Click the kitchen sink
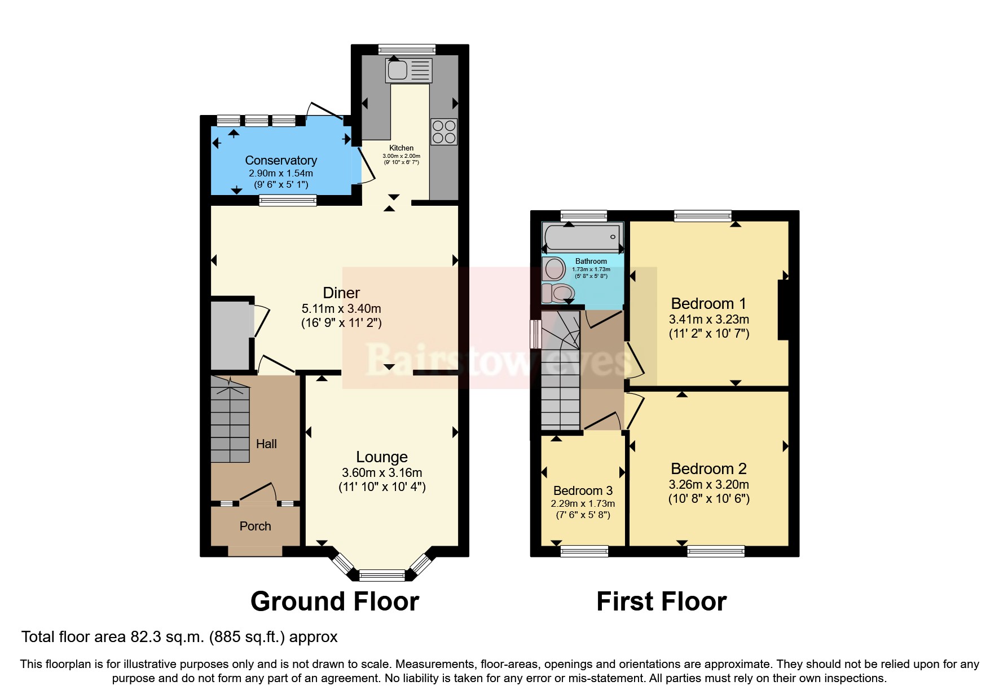pos(409,70)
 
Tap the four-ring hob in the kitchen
pos(443,132)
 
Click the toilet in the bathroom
pos(558,293)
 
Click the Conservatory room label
pos(281,161)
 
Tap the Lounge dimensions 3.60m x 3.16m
pos(382,473)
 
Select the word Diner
pos(341,293)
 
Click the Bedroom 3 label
pos(583,490)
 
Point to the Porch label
pos(255,526)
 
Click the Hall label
pos(266,444)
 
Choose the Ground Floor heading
pos(335,601)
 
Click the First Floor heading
pos(661,601)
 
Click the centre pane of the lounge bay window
pos(382,576)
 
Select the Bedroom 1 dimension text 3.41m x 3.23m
pos(708,319)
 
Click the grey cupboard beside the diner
pos(230,334)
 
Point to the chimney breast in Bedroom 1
pos(783,310)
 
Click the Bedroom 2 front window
pos(715,551)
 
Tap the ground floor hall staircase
pos(230,420)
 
